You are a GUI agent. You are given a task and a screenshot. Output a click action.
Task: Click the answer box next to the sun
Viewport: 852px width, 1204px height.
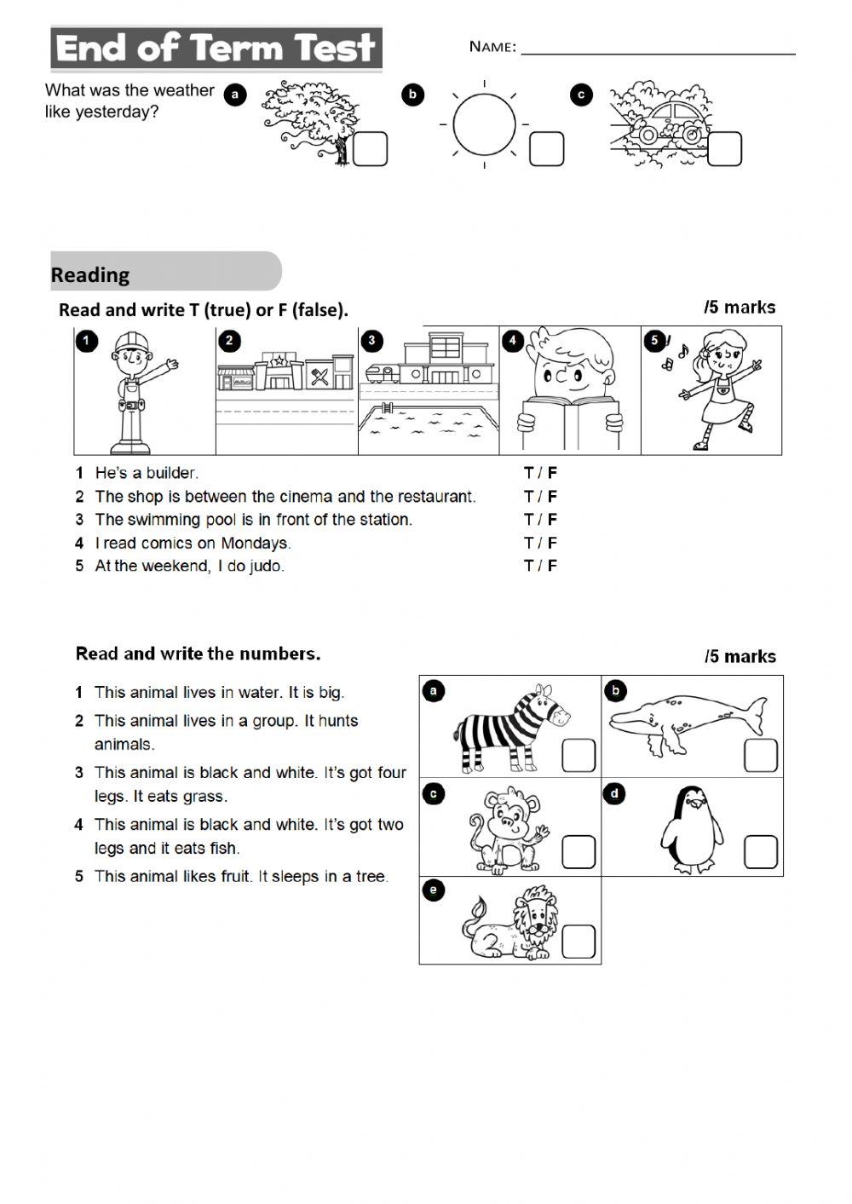coord(546,149)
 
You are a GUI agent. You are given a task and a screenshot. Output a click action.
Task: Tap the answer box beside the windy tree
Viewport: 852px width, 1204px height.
coord(370,149)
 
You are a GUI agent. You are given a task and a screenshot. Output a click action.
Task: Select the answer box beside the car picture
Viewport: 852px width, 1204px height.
coord(724,149)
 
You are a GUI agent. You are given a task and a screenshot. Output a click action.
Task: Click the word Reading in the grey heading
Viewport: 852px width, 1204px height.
coord(90,275)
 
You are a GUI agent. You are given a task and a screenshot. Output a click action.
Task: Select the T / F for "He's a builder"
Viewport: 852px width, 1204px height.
coord(540,473)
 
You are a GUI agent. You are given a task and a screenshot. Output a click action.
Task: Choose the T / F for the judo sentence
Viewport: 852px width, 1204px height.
coord(540,566)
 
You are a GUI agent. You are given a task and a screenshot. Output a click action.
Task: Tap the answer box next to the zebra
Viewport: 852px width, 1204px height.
coord(578,755)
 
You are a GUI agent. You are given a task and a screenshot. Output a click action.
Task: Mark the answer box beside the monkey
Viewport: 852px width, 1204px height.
coord(578,851)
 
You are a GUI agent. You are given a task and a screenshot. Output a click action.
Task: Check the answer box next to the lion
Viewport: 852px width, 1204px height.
coord(578,942)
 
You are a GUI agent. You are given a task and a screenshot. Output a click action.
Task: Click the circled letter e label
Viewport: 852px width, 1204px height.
coord(434,891)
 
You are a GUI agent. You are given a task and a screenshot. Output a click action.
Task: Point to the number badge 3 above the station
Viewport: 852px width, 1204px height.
coord(371,341)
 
